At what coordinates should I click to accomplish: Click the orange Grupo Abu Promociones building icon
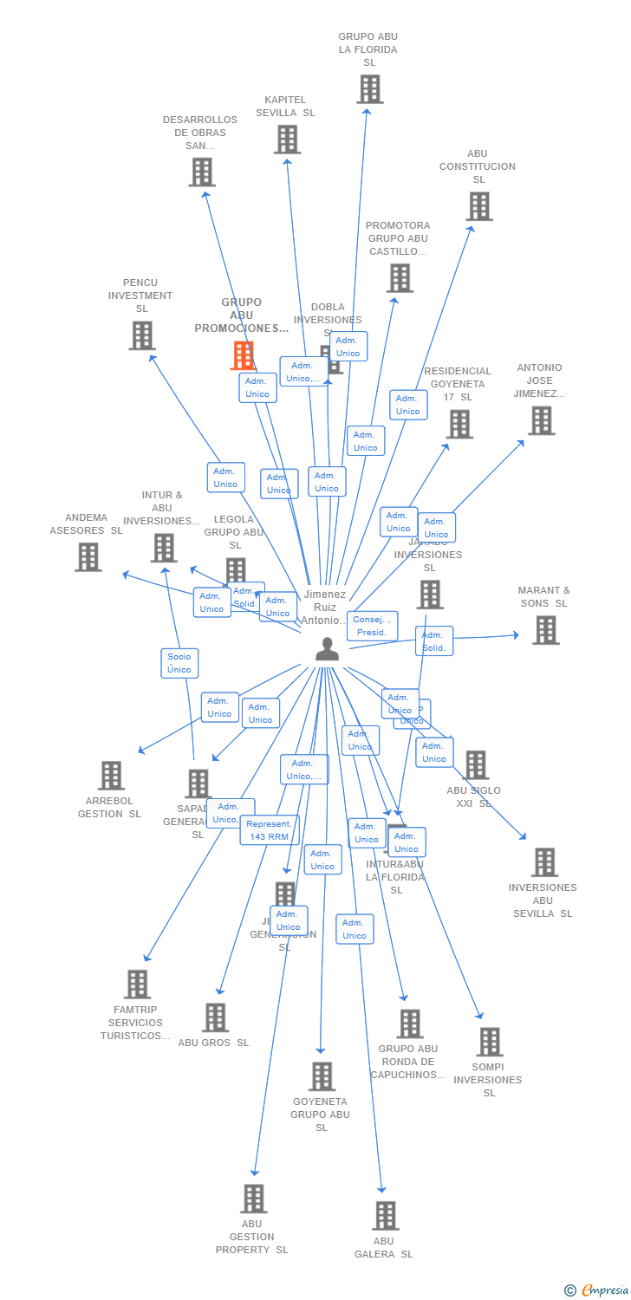(x=244, y=355)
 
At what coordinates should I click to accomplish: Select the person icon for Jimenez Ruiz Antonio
(x=327, y=648)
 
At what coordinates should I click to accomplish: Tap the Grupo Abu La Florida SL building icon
(x=369, y=88)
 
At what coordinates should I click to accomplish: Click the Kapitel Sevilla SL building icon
(x=287, y=139)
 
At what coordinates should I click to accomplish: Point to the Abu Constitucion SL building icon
(x=479, y=206)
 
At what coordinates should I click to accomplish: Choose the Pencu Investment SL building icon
(x=142, y=335)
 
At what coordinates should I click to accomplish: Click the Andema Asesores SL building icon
(x=88, y=556)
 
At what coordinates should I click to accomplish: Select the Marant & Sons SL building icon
(x=545, y=630)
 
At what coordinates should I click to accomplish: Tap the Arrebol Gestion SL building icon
(x=111, y=776)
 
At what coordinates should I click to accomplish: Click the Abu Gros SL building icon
(x=215, y=1017)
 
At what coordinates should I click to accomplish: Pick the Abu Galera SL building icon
(x=386, y=1215)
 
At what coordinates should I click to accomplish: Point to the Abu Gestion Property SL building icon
(x=253, y=1199)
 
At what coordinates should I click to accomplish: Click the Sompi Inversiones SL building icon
(x=490, y=1042)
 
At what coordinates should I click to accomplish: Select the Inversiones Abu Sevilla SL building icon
(x=544, y=862)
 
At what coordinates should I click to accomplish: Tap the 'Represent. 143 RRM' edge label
(x=270, y=830)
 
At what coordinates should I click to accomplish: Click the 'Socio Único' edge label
(x=179, y=663)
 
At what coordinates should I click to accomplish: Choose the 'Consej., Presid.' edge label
(x=372, y=626)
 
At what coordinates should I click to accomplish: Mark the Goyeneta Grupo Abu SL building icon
(x=322, y=1076)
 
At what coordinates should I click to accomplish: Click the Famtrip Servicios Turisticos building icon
(x=137, y=985)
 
